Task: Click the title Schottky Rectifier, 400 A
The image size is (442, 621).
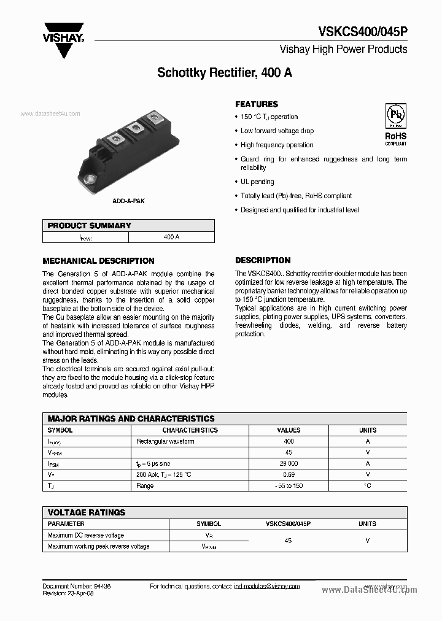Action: tap(225, 72)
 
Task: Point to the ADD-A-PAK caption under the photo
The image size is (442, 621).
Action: tap(129, 201)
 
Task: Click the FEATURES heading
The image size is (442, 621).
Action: tap(257, 104)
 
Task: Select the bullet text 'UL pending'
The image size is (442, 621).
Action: tap(257, 182)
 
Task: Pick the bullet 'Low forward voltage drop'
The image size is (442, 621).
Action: tap(277, 131)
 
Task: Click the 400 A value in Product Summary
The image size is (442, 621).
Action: tap(172, 237)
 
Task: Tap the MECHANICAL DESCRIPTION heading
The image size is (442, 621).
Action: tap(98, 261)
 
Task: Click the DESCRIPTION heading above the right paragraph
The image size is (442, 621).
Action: tap(263, 260)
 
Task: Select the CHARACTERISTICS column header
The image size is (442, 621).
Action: tap(190, 430)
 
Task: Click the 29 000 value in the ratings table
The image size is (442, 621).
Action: tap(289, 464)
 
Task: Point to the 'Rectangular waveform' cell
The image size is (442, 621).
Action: tap(165, 441)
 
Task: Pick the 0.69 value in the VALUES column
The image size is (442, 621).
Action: tap(289, 475)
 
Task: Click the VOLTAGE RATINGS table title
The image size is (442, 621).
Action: tap(87, 512)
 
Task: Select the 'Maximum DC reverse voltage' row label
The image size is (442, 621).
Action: tap(85, 535)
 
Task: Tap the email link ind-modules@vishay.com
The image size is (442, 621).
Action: tap(267, 587)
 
